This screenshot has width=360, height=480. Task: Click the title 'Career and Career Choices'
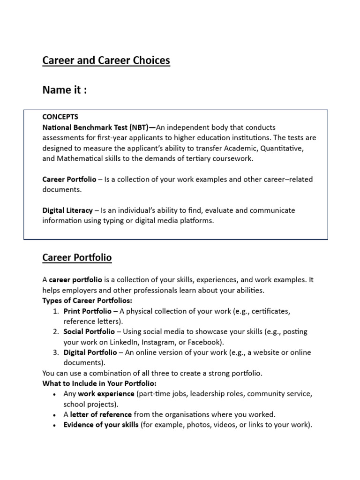coord(106,61)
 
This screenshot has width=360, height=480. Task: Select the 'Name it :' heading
coord(65,90)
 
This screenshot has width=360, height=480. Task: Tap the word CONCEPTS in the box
coord(60,117)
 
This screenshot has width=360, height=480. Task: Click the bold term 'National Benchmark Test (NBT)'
coord(99,127)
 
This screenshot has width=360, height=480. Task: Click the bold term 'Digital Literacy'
coord(67,210)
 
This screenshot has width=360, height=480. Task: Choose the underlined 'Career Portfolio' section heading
coord(77,258)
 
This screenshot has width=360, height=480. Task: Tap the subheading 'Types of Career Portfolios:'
coord(87,300)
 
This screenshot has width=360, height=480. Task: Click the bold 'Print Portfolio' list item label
coord(88,311)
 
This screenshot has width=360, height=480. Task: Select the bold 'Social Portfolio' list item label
coord(89,332)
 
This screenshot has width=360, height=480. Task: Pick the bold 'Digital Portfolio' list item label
coord(90,352)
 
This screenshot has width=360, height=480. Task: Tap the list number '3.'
coord(56,352)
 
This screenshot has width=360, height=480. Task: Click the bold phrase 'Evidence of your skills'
coord(101,425)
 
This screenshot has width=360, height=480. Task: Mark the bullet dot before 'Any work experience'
coord(56,394)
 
